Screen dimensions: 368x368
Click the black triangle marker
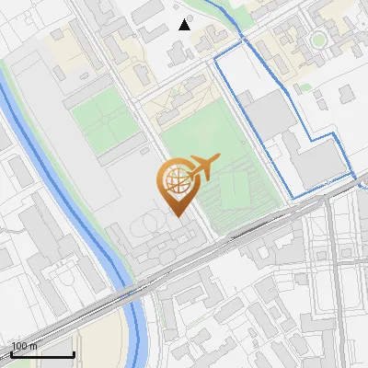[185, 25]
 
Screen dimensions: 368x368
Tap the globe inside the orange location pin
[175, 181]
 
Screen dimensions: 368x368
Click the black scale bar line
[41, 354]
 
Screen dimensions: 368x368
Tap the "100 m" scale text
[25, 346]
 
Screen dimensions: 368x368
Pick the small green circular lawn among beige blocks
[318, 40]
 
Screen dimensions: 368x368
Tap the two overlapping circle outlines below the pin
[147, 226]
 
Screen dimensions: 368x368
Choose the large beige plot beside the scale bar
[101, 345]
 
